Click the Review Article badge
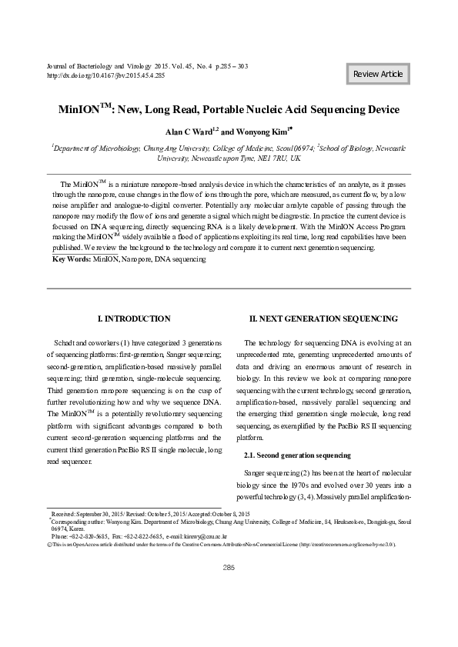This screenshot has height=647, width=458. coord(377,74)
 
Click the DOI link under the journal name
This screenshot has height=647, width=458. coord(106,76)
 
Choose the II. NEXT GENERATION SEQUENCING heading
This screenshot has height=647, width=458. coord(323,318)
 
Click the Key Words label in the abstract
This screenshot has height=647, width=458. coord(70,261)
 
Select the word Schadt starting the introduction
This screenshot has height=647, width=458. coord(65,342)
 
